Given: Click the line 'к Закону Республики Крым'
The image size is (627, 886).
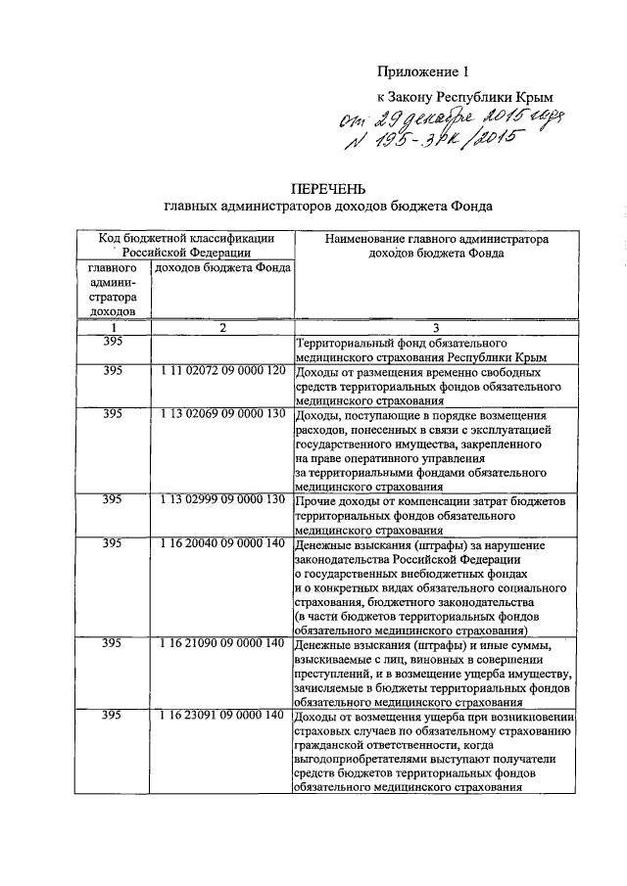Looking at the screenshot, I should click(465, 98).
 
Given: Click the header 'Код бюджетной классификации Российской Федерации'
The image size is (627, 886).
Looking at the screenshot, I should click(185, 246).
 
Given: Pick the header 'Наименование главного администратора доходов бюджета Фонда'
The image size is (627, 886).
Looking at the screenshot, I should click(438, 246).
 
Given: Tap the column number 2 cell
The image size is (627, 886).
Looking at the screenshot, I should click(222, 327).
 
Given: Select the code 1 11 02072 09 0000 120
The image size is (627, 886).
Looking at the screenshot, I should click(222, 372).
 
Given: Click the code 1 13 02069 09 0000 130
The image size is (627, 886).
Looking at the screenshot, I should click(222, 414).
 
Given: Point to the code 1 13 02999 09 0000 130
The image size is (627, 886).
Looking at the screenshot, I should click(222, 499).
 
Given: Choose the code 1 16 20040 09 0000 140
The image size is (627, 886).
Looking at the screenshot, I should click(222, 542).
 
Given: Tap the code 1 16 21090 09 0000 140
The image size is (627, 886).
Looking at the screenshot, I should click(222, 643).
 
